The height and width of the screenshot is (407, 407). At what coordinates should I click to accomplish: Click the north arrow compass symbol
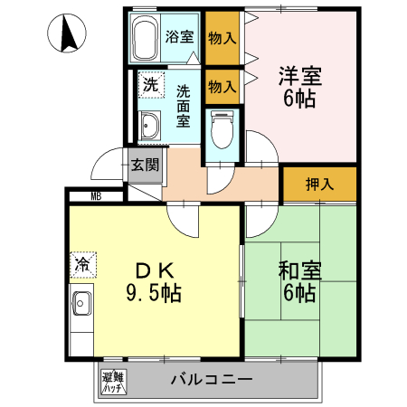67,35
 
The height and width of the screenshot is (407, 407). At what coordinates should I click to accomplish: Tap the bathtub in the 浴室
146,38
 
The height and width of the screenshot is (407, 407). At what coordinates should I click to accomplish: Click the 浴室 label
179,37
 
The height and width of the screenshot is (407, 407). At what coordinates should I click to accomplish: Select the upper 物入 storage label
222,37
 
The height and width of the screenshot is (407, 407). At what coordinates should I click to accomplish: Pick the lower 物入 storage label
222,87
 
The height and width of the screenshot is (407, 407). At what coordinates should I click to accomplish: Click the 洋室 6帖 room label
298,88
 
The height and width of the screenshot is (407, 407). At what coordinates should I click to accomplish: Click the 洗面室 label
183,105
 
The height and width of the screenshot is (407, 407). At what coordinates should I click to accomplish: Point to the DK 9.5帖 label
152,280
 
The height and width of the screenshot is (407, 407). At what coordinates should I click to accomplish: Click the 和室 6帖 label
298,281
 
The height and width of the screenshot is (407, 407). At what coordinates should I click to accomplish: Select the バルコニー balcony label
211,379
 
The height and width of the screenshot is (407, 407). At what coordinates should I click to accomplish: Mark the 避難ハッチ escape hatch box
113,381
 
